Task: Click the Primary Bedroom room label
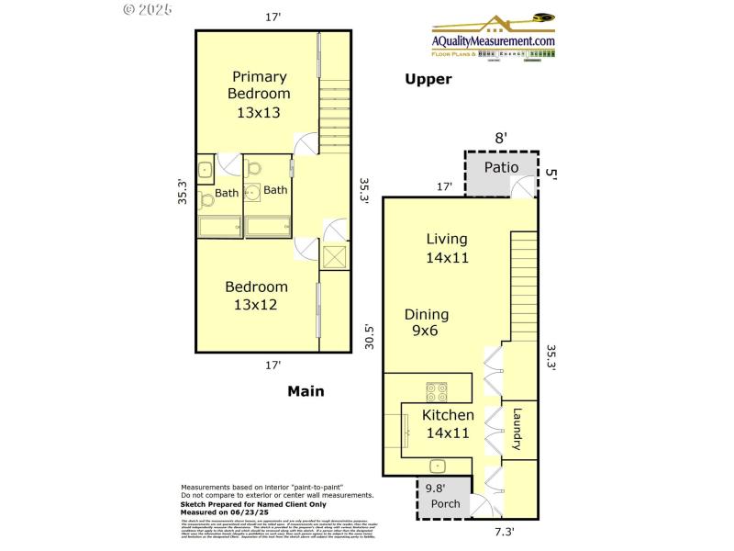(259, 84)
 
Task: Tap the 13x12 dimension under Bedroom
(256, 305)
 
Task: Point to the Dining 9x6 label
(425, 321)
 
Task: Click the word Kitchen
(448, 415)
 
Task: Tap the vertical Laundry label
(517, 429)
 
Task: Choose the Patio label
(502, 167)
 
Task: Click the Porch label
(446, 504)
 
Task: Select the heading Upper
(428, 79)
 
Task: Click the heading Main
(306, 391)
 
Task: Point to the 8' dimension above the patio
(501, 138)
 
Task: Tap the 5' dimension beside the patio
(550, 172)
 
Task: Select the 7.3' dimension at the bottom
(505, 532)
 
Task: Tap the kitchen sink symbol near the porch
(438, 465)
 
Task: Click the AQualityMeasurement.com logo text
(495, 41)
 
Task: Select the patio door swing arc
(524, 186)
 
